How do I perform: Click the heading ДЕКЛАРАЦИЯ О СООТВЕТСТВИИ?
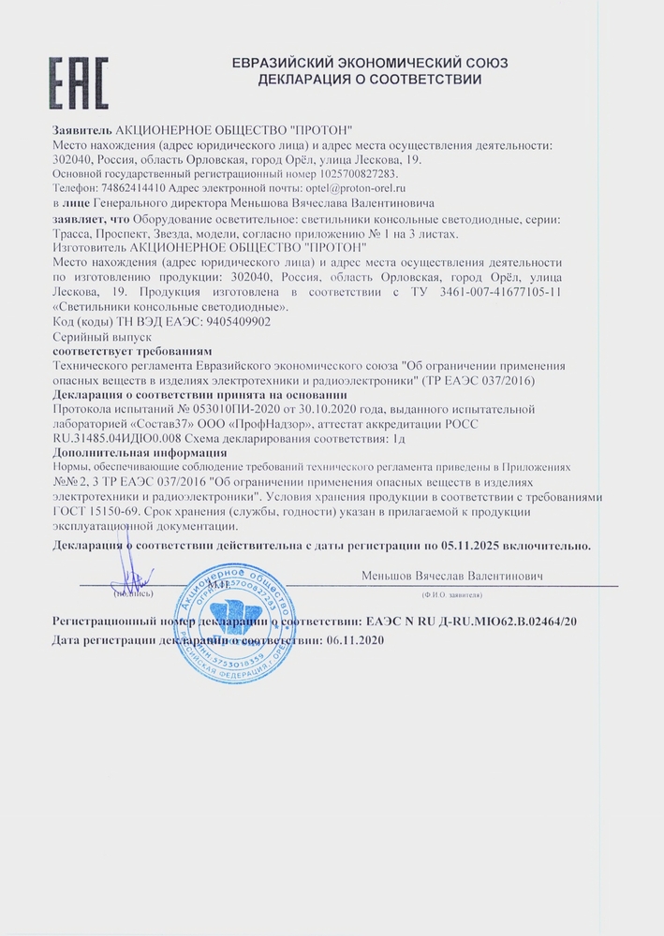pos(370,80)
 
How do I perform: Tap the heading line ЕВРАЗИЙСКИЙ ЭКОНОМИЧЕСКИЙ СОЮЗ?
pos(370,63)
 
